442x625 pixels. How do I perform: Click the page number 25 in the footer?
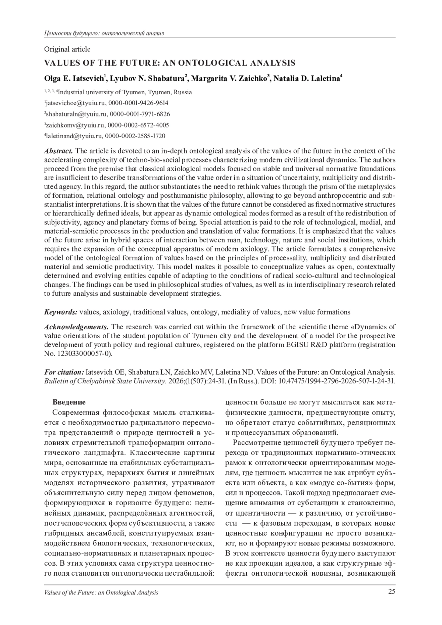point(392,592)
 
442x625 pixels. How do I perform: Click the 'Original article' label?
point(67,49)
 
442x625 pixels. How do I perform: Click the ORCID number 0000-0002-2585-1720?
point(135,136)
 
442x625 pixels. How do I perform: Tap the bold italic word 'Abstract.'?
point(59,151)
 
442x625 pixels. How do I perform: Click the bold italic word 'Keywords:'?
point(61,312)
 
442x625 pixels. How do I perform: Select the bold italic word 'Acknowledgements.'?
point(76,327)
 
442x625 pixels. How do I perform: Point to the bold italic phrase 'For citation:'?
point(64,372)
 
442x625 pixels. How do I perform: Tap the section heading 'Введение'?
point(69,402)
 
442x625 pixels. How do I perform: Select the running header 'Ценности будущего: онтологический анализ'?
point(104,34)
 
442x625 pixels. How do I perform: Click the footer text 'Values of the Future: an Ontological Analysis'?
point(101,593)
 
